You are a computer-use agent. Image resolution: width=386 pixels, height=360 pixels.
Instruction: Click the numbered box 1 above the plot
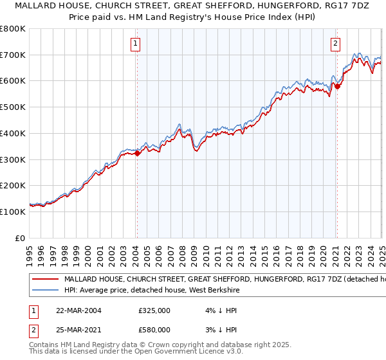point(136,44)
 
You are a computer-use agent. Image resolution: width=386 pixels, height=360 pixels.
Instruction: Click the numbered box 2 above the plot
point(336,44)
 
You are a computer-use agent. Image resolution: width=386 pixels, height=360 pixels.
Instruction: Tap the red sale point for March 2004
point(137,152)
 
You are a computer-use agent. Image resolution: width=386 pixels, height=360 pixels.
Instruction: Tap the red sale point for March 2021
point(337,86)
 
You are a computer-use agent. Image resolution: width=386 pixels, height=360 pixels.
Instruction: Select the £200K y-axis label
point(13,185)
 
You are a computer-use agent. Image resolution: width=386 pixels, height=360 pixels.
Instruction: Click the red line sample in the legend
point(45,280)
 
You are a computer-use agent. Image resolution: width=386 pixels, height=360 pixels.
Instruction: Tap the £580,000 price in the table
point(154,330)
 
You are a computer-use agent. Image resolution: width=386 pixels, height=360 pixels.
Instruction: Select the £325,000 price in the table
point(154,310)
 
